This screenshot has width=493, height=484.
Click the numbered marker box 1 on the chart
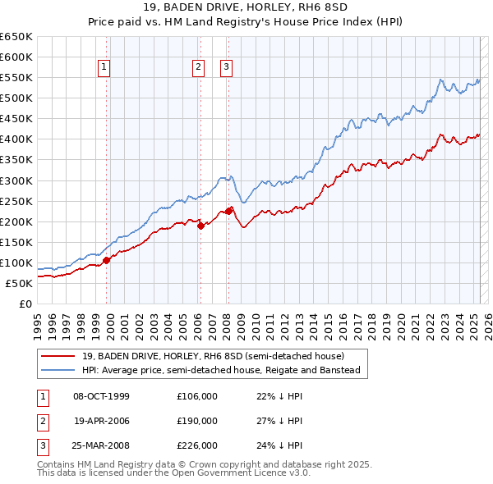106,68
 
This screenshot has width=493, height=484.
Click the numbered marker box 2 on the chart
199,68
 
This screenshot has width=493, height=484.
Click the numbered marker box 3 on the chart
227,68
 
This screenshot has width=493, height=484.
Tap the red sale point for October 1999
107,260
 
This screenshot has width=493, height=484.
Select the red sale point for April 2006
200,226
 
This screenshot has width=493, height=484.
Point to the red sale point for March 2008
228,210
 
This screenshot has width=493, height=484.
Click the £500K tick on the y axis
17,98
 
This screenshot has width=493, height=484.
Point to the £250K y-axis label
17,201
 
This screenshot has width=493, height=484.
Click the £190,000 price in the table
197,421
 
